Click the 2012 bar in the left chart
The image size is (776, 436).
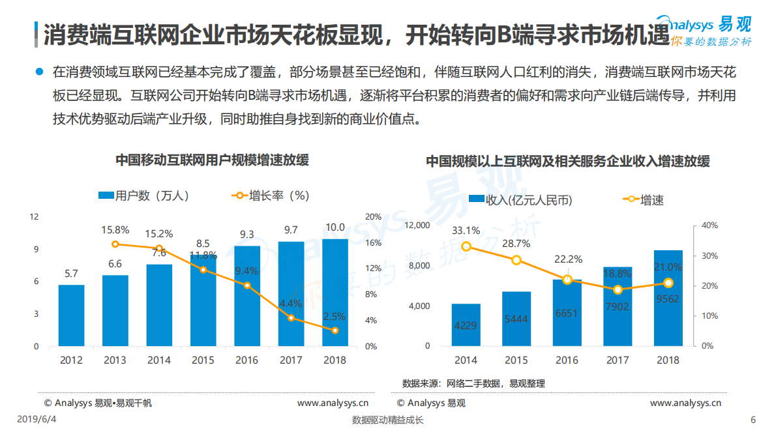(x=71, y=315)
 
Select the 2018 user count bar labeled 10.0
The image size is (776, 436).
(x=335, y=293)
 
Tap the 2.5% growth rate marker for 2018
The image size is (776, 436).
(x=335, y=330)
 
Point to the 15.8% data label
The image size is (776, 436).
(x=115, y=230)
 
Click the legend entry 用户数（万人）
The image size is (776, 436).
(x=143, y=196)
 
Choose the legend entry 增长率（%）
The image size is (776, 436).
(x=271, y=196)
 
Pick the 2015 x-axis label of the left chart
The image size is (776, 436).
(x=203, y=360)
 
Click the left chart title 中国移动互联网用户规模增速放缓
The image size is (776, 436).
(x=212, y=160)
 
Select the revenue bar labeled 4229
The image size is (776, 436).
(x=466, y=325)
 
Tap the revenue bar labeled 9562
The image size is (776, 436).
(x=668, y=298)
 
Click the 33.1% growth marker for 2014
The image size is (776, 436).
(x=466, y=246)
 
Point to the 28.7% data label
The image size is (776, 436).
(x=516, y=243)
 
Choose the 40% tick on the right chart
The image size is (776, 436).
(x=709, y=225)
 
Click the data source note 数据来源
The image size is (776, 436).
(x=473, y=383)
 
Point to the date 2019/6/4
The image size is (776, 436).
(x=32, y=420)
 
